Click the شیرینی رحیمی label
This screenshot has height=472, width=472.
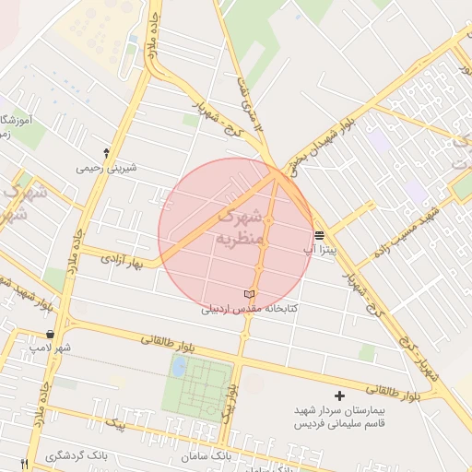[x=110, y=168]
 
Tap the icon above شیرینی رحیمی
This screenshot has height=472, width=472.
[x=108, y=151]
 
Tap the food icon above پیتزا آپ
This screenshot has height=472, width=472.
[x=318, y=235]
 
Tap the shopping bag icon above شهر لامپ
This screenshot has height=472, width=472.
[x=50, y=334]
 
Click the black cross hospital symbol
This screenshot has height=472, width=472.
[x=340, y=395]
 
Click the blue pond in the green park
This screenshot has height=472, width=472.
[x=179, y=367]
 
